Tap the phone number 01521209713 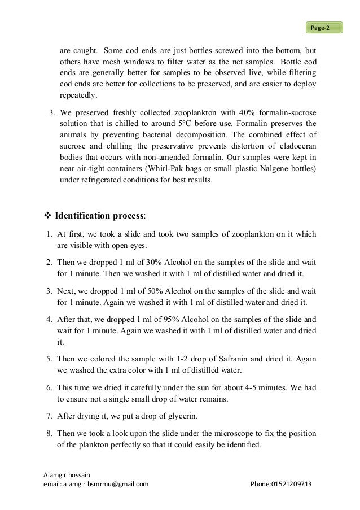point(292,484)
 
